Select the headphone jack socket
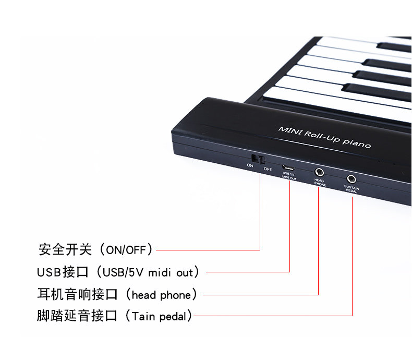click(319, 172)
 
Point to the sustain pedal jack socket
click(352, 178)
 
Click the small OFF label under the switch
click(268, 169)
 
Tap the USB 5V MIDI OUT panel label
click(289, 175)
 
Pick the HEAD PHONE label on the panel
click(319, 183)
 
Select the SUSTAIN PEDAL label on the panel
click(352, 189)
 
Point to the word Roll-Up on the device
click(318, 135)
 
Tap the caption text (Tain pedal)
click(159, 316)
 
